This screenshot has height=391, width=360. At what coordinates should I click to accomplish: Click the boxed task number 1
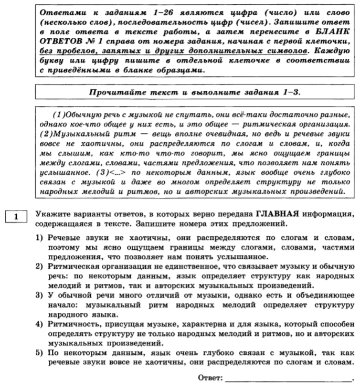[16, 216]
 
